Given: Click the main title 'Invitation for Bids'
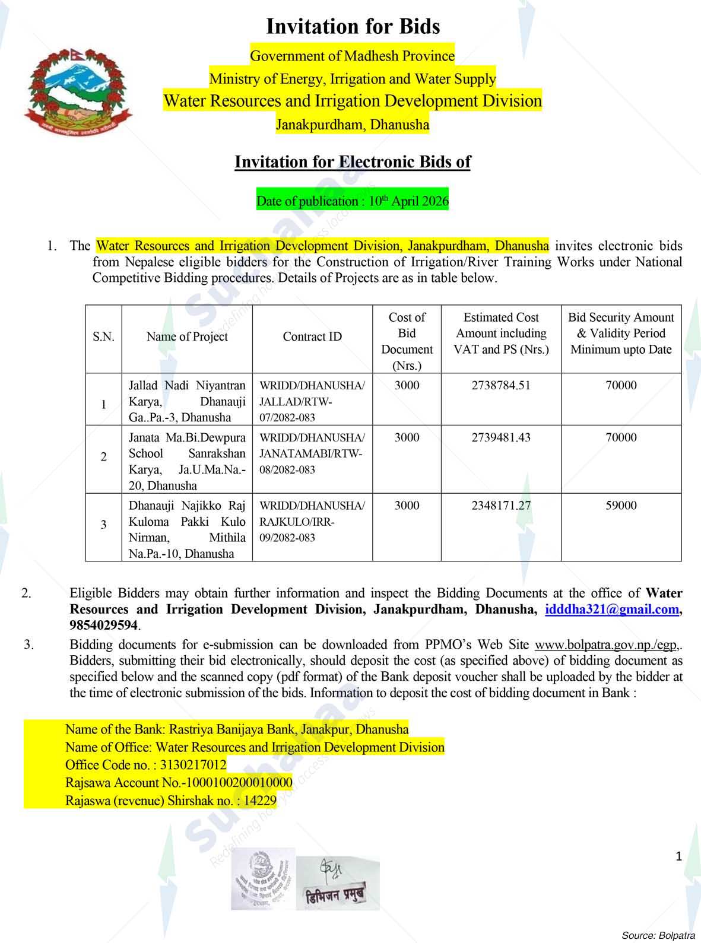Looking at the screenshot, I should tap(353, 27).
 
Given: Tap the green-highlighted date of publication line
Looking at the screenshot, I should tap(352, 201).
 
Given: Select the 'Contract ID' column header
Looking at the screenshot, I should tap(312, 337).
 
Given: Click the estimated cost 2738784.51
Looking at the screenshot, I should tap(501, 386).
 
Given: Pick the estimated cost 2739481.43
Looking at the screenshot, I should tap(501, 438).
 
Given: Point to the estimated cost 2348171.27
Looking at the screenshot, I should tap(501, 506).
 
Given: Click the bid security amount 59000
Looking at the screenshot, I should tap(621, 506).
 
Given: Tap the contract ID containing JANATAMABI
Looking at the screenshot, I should tap(312, 454).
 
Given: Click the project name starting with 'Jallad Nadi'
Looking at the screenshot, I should tap(187, 402).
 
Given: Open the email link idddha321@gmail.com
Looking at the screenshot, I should tap(611, 609).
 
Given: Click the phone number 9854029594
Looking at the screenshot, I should tap(104, 626).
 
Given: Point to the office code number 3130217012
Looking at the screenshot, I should tap(193, 766).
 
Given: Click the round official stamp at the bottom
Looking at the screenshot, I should tap(263, 879).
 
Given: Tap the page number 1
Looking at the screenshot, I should tap(679, 856).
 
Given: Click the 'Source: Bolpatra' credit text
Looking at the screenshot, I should tap(658, 935).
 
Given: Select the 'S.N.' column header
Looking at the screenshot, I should tap(103, 337).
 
